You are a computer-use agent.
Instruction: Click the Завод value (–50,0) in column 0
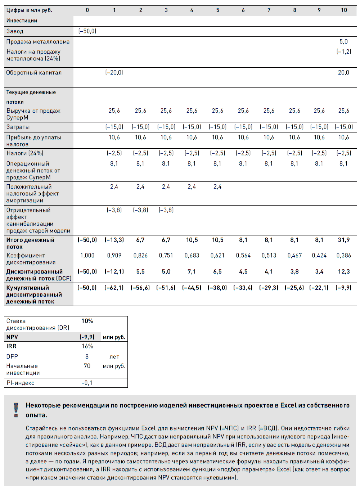point(87,31)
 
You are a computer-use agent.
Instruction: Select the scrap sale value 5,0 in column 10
point(343,42)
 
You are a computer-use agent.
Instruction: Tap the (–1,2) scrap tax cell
point(343,52)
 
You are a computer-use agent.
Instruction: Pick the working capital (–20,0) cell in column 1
point(114,73)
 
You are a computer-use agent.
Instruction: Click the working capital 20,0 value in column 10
point(343,73)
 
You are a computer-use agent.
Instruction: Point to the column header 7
point(269,10)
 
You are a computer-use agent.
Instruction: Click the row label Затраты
point(18,127)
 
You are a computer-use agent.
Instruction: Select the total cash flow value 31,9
point(343,240)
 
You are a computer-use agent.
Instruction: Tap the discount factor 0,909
point(114,256)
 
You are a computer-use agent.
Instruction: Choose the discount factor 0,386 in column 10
point(343,256)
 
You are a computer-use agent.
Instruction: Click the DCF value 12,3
point(343,272)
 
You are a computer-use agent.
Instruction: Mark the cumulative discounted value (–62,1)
point(114,288)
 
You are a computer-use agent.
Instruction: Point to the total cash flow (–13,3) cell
point(114,240)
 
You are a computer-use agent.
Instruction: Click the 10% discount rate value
point(87,321)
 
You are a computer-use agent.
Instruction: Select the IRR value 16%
point(87,346)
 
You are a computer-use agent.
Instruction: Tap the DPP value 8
point(87,357)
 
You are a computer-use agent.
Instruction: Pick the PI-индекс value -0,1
point(87,383)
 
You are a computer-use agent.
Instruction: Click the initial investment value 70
point(87,366)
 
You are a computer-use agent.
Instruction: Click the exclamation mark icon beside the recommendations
point(16,410)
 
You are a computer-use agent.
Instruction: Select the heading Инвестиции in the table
point(22,21)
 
